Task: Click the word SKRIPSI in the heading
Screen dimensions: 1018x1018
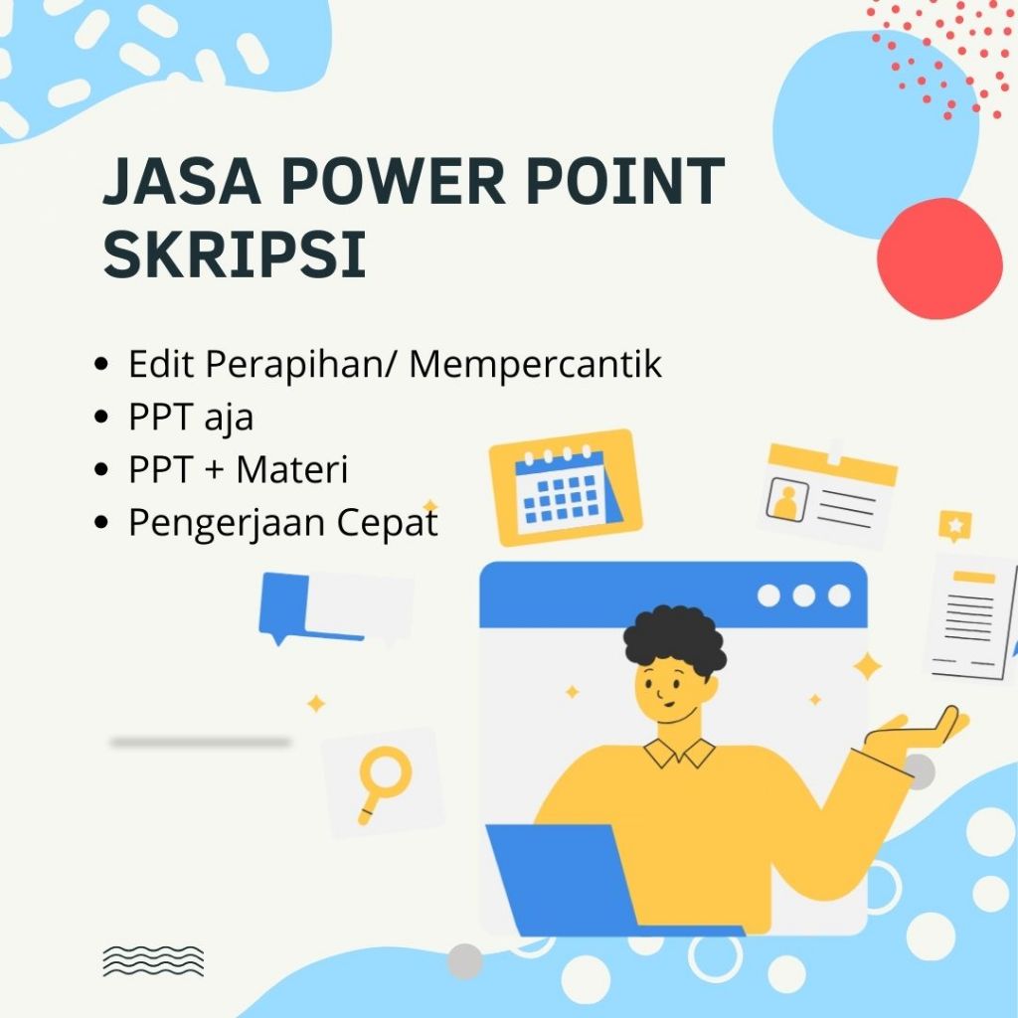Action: coord(235,254)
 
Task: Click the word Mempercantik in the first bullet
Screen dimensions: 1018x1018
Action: coord(535,365)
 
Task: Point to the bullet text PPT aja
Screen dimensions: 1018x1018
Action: coord(191,418)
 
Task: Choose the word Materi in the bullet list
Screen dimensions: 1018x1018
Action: coord(291,470)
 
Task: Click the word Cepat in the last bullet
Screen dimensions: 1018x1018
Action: coord(389,523)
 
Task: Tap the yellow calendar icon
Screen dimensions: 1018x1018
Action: coord(565,487)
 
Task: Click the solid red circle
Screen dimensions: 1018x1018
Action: coord(938,258)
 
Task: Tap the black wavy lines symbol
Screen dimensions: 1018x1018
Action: coord(153,960)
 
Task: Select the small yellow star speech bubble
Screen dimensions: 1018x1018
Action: coord(954,524)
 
